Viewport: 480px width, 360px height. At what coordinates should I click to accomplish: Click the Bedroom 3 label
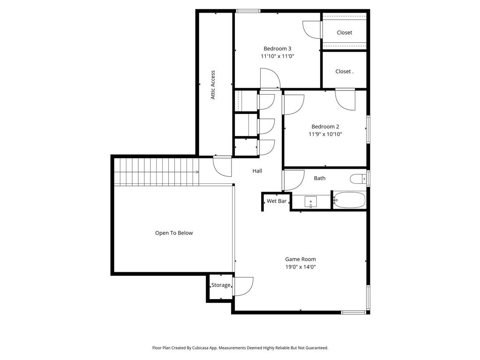click(277, 48)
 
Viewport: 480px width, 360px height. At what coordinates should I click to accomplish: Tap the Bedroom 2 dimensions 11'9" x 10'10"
click(325, 134)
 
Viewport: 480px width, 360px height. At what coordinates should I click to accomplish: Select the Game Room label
click(300, 259)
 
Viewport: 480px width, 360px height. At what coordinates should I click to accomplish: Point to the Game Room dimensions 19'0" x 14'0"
click(300, 267)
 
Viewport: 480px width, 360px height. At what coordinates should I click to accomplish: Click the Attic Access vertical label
click(213, 85)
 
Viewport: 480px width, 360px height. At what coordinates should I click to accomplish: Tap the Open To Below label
click(174, 233)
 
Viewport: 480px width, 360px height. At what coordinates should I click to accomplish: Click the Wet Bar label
click(277, 201)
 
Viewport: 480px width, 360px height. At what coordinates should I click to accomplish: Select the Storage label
click(220, 285)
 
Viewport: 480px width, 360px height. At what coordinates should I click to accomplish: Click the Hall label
click(257, 171)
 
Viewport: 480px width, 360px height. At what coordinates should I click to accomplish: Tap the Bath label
click(320, 178)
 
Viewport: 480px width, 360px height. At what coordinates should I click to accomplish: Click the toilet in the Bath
click(358, 179)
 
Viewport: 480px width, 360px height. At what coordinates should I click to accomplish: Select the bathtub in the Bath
click(349, 200)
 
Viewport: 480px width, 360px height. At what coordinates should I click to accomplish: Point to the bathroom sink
click(310, 202)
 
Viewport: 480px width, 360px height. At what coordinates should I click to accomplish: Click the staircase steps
click(157, 172)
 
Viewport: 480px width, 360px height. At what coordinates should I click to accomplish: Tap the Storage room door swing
click(243, 286)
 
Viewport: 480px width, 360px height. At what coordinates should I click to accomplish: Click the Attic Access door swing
click(222, 166)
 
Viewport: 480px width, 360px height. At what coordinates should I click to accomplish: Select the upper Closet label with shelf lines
click(344, 33)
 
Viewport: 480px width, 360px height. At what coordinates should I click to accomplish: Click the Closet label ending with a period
click(344, 72)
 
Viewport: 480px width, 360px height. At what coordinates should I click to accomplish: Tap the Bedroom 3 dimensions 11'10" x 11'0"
click(277, 56)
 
